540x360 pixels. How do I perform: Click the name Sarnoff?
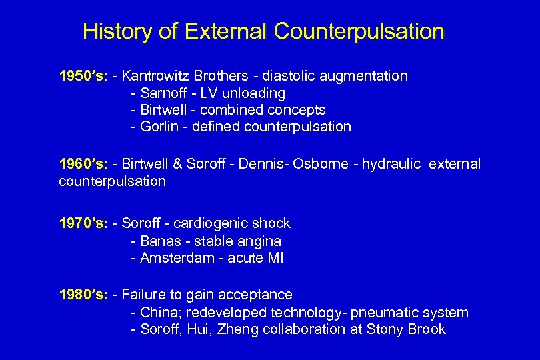tap(164, 93)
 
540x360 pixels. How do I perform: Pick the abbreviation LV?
tap(209, 93)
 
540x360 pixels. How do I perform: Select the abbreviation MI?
tap(275, 258)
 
